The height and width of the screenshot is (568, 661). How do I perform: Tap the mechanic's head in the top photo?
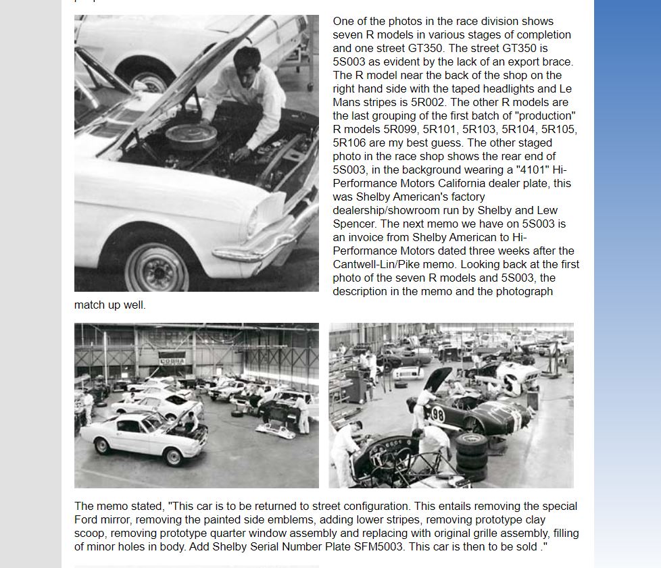point(247,61)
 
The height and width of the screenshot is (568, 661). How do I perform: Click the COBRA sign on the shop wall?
point(172,360)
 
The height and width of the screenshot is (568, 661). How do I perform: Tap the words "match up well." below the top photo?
point(109,305)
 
